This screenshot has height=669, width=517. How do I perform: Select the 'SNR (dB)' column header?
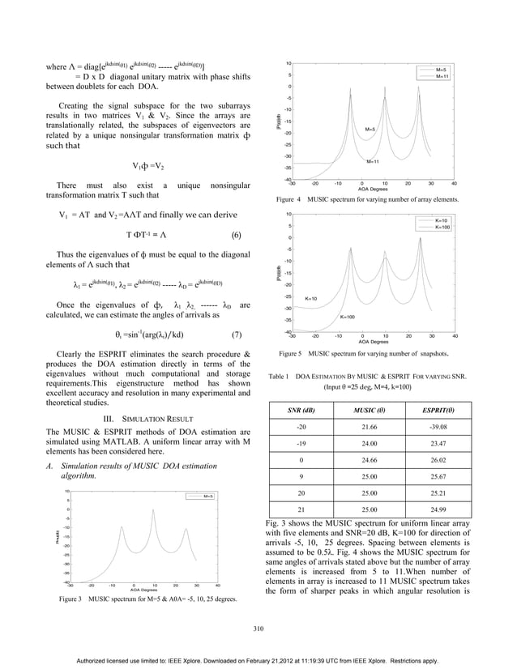(301, 411)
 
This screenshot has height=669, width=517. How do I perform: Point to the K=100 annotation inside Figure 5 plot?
(370, 317)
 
